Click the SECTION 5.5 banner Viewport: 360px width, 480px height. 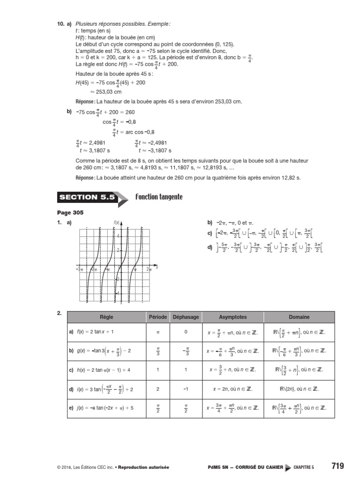point(87,197)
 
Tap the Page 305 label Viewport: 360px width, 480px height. point(70,213)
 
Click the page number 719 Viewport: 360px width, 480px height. point(337,466)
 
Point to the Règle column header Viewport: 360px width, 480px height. point(106,317)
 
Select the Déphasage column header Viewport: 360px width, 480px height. point(186,317)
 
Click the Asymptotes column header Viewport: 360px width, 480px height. point(232,317)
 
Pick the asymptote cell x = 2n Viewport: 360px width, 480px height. point(232,389)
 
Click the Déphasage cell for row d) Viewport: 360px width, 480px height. point(186,389)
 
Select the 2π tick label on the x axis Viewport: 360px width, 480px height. point(149,269)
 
